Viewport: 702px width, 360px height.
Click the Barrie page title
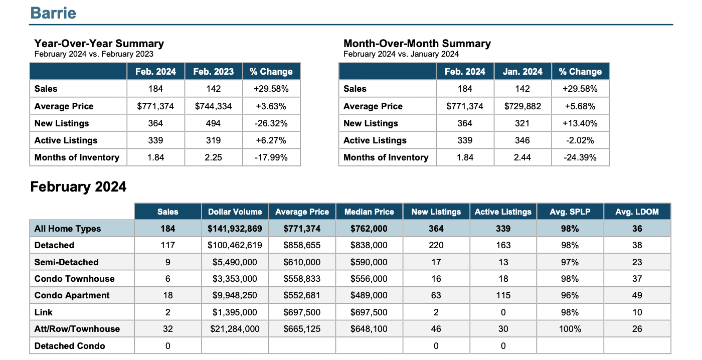coord(53,13)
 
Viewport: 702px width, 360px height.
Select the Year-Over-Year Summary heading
coord(99,43)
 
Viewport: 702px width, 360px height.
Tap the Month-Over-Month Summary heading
coord(417,43)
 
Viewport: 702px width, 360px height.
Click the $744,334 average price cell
coord(214,106)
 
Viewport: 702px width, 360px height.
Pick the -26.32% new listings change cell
coord(271,123)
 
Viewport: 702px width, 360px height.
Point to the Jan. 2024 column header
coord(522,71)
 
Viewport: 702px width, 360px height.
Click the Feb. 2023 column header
coord(214,71)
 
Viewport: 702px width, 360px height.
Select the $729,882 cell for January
coord(522,106)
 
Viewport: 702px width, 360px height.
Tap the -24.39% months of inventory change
coord(580,157)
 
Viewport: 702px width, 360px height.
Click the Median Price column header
coord(369,212)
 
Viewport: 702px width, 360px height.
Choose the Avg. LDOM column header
coord(637,212)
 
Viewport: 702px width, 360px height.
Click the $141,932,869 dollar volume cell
coord(235,229)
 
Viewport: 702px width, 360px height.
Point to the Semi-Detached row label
coord(66,262)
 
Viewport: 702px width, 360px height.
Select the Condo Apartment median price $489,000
coord(369,295)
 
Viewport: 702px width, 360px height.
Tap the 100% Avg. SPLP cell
coord(570,329)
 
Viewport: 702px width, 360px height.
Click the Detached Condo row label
coord(70,345)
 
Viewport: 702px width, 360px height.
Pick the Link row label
coord(43,312)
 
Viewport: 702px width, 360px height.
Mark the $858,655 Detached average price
coord(302,245)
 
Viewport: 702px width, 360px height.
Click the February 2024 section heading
coord(78,187)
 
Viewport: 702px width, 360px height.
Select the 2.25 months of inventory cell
coord(214,157)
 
